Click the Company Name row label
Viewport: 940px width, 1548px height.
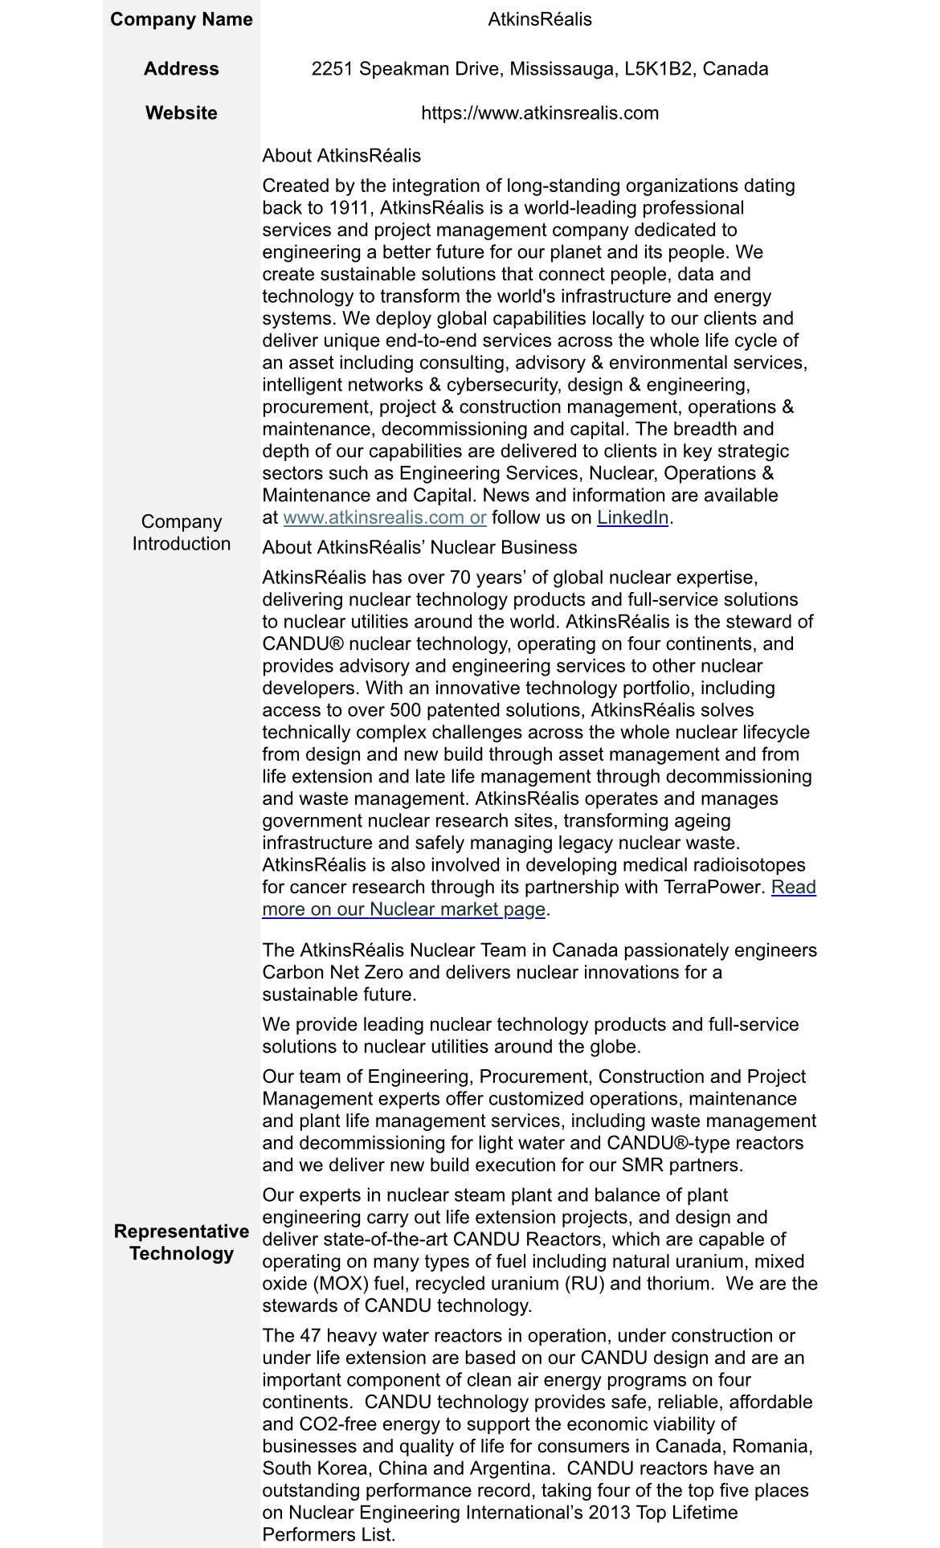[181, 19]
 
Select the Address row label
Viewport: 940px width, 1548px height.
[181, 69]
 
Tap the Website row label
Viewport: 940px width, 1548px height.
[181, 113]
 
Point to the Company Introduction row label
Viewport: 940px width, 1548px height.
[181, 533]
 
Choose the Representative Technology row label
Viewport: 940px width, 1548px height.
[181, 1243]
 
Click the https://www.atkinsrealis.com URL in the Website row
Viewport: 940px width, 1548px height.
[539, 113]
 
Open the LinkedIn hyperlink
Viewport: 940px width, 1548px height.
[632, 518]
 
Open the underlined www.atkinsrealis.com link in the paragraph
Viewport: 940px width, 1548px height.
[384, 518]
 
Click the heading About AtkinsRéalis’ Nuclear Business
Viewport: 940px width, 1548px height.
[419, 548]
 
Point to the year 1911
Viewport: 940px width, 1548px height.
[348, 208]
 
